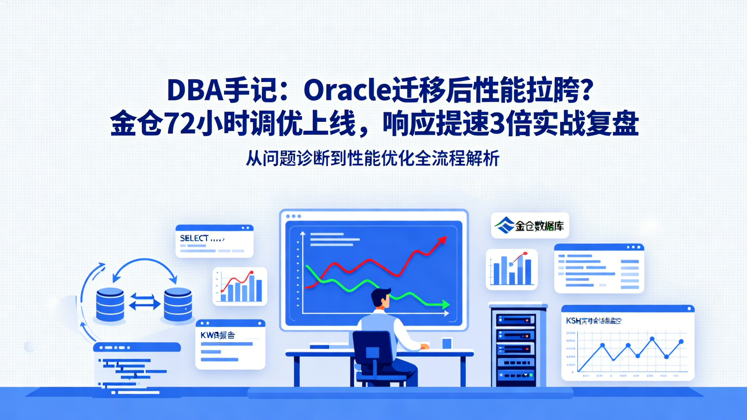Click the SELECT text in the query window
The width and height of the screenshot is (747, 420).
194,238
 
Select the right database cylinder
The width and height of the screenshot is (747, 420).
177,304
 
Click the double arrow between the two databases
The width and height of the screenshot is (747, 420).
143,301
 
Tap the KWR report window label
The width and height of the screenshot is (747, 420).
217,335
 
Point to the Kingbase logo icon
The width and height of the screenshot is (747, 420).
503,226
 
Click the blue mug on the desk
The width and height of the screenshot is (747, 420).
447,343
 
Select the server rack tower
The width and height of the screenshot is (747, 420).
518,345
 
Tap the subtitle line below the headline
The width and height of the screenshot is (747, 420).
372,159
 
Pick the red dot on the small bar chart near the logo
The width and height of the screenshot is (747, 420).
525,253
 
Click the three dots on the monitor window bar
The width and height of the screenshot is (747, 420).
293,216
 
